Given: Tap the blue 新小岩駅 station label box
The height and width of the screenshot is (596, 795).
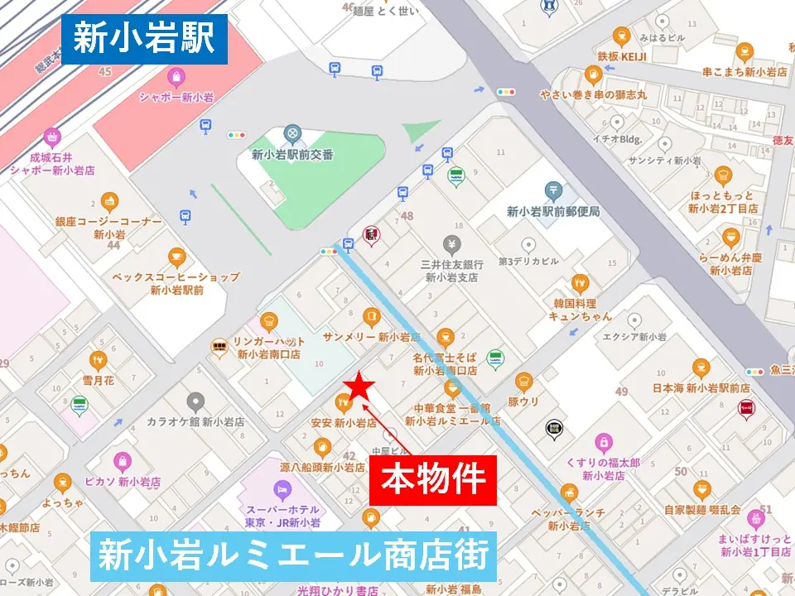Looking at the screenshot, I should click(x=144, y=38).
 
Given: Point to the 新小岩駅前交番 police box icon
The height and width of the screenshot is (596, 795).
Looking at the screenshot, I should click(x=291, y=133).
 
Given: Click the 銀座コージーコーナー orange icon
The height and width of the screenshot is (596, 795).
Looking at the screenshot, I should click(x=109, y=201).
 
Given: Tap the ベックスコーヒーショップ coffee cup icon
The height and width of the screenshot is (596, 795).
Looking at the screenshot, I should click(x=176, y=257).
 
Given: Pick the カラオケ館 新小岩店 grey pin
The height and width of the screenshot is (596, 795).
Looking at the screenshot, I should click(x=195, y=401).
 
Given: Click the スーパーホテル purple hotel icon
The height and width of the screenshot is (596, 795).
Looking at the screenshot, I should click(x=282, y=490).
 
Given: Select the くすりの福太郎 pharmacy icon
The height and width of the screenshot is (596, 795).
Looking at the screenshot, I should click(x=605, y=443).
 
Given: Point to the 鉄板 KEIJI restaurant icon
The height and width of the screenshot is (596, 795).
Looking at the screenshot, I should click(x=621, y=36).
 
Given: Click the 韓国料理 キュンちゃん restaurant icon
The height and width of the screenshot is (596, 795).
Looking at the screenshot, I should click(x=581, y=282).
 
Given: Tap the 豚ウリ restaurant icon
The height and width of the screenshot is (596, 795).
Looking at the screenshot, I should click(x=523, y=382).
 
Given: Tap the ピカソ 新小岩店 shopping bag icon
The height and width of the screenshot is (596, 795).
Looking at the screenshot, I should click(x=123, y=461).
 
